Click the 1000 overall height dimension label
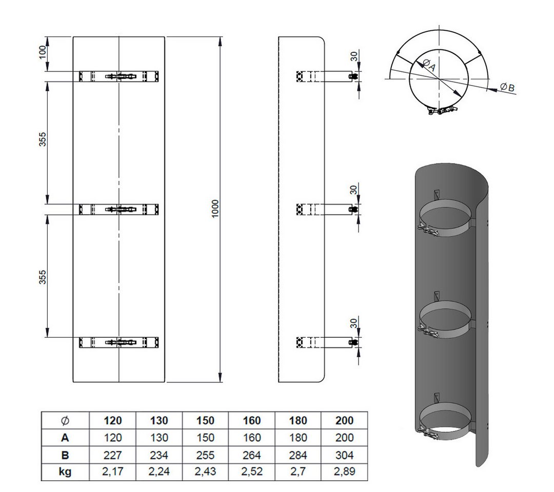(x=215, y=209)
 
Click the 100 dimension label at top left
(x=42, y=52)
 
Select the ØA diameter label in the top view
(x=428, y=65)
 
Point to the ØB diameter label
(x=507, y=87)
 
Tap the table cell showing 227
(x=113, y=455)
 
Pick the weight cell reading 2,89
(x=345, y=471)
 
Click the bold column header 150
(x=205, y=420)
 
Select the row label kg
(x=65, y=471)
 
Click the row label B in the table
(x=65, y=455)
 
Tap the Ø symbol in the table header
(x=65, y=420)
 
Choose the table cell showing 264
(x=251, y=455)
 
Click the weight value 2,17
(x=113, y=471)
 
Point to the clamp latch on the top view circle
(x=440, y=111)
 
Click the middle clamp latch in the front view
(x=121, y=209)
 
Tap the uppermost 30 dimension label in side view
(x=354, y=56)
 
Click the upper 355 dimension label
(x=42, y=139)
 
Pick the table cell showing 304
(x=345, y=455)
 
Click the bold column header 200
(x=345, y=420)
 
